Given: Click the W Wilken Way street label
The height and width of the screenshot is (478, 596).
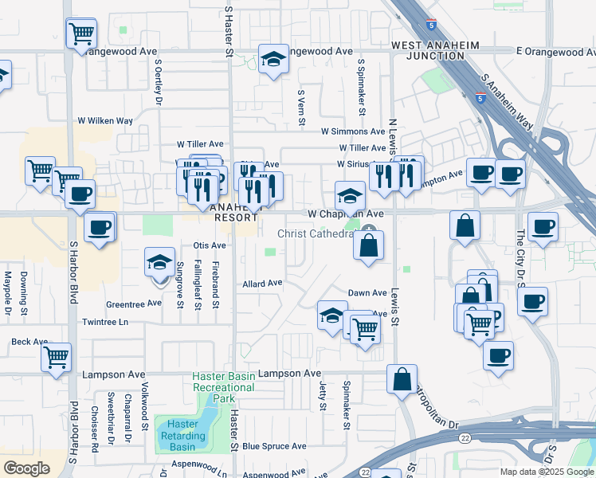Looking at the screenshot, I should point(104,121).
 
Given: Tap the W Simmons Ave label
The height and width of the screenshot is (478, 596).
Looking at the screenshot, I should point(353,131).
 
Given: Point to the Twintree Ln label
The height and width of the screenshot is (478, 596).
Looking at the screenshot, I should point(104,323).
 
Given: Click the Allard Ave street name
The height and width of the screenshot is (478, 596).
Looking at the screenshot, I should point(263,283).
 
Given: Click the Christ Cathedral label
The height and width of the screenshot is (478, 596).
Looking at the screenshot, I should point(316,233).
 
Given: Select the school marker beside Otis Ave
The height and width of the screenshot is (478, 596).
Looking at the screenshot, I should point(159,263).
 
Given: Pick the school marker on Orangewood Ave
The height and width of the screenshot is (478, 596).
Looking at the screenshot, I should point(273,59).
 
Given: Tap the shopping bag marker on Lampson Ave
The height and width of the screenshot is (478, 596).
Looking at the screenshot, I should point(402,378).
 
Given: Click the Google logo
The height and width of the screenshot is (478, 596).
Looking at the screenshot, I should point(27,468).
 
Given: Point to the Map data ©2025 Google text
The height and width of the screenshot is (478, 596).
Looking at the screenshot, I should point(547,472).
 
